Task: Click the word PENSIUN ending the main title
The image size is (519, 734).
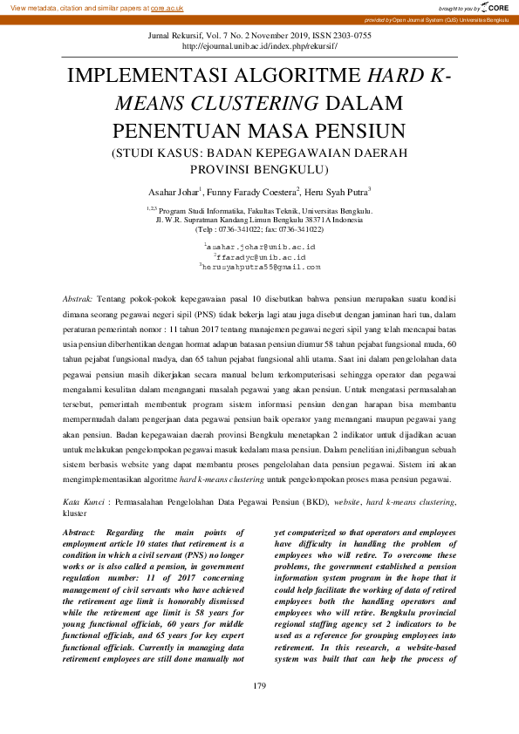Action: pos(357,131)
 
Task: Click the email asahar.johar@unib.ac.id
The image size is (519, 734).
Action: pos(260,248)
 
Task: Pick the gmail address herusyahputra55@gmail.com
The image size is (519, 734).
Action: pos(261,267)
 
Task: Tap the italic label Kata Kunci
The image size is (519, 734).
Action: pos(85,503)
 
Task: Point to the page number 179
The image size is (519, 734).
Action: pos(259,687)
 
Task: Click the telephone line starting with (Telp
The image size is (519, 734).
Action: pos(260,228)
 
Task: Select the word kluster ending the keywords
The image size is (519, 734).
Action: pos(76,513)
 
